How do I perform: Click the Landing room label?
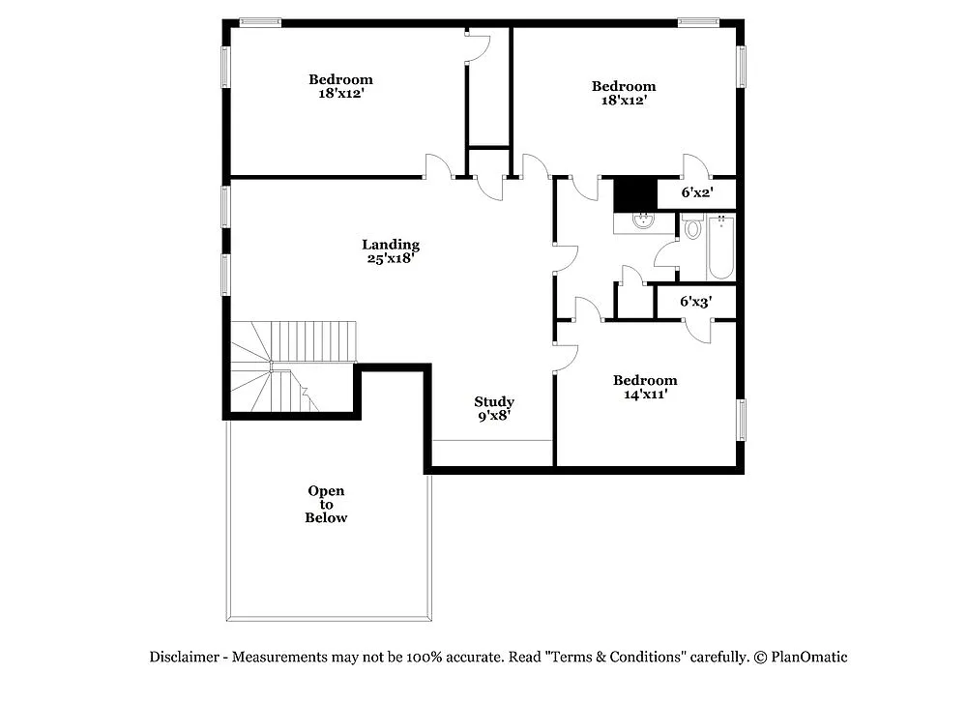coord(391,245)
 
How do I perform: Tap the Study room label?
coord(493,401)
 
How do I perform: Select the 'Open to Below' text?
coord(326,504)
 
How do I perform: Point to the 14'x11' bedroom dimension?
coord(645,394)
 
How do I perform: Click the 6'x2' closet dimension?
coord(696,193)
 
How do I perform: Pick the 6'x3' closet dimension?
coord(695,302)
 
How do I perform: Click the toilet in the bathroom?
coord(691,229)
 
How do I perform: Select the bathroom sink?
coord(640,221)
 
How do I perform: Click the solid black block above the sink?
coord(635,193)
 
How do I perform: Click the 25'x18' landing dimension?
coord(391,258)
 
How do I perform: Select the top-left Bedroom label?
coord(340,79)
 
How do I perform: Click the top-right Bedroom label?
coord(624,86)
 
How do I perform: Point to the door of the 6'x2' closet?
coord(696,166)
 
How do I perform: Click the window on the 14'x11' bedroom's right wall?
coord(743,420)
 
